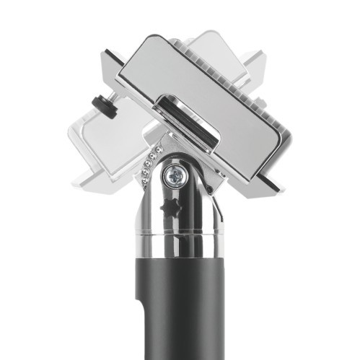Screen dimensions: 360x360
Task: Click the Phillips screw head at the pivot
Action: pyautogui.click(x=175, y=174)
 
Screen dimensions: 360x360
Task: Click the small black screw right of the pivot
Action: pyautogui.click(x=208, y=188)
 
